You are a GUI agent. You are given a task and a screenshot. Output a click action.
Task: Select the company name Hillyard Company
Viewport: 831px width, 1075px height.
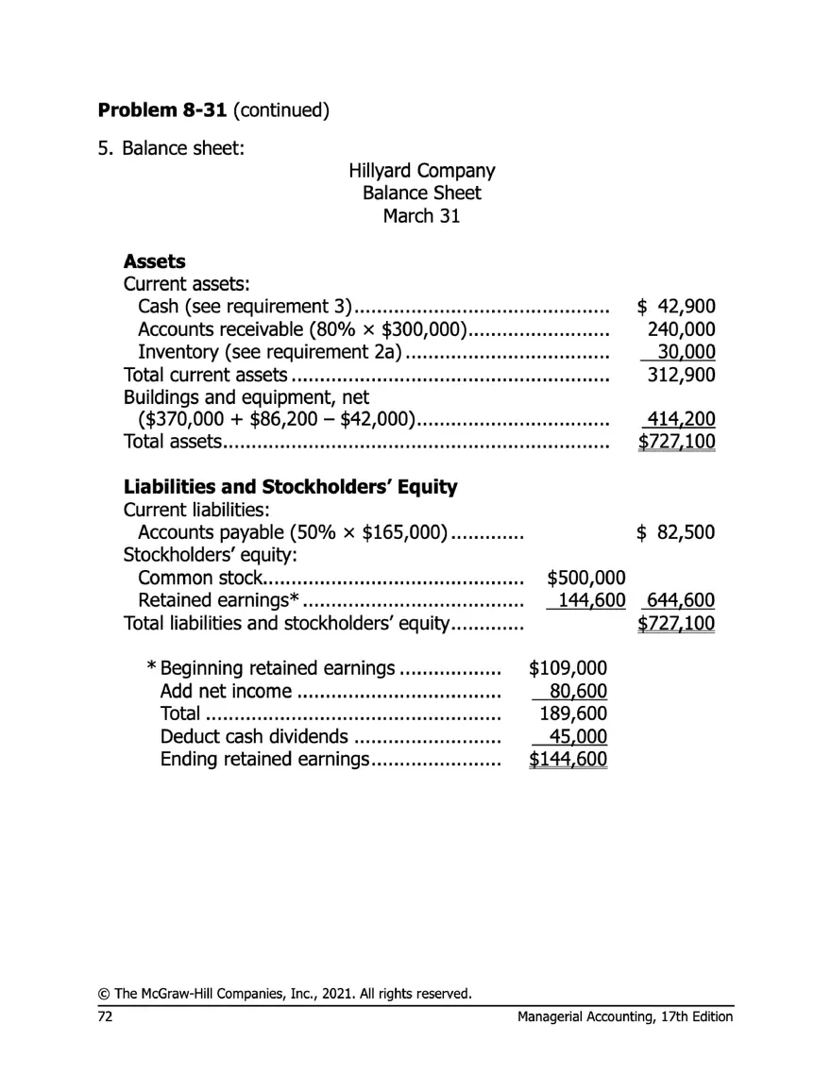click(x=421, y=171)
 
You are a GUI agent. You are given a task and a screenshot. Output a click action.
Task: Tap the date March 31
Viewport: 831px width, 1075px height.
click(x=421, y=215)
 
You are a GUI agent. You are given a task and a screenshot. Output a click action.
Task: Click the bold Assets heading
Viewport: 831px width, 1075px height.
click(x=155, y=261)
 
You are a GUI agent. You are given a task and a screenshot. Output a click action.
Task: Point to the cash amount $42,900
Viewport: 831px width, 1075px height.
click(x=676, y=307)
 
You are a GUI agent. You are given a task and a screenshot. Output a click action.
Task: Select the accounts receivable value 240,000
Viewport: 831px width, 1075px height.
click(x=681, y=329)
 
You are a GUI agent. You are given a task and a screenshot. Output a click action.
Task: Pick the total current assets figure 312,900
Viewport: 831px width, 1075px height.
click(x=681, y=375)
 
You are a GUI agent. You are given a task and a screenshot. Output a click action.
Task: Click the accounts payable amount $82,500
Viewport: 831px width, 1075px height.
click(x=676, y=532)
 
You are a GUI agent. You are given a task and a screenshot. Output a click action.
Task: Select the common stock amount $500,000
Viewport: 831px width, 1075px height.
click(x=586, y=578)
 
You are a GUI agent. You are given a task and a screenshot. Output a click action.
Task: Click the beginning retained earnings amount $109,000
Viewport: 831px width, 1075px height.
click(x=568, y=669)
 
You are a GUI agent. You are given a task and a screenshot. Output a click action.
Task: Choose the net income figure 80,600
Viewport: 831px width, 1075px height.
click(x=578, y=692)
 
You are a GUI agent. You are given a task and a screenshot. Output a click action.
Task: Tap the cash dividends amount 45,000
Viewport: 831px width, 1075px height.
click(x=578, y=737)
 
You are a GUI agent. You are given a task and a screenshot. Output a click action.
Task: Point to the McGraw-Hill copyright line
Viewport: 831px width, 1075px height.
click(x=284, y=993)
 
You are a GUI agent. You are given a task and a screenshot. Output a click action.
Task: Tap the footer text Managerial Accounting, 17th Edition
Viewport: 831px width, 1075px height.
click(x=625, y=1016)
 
